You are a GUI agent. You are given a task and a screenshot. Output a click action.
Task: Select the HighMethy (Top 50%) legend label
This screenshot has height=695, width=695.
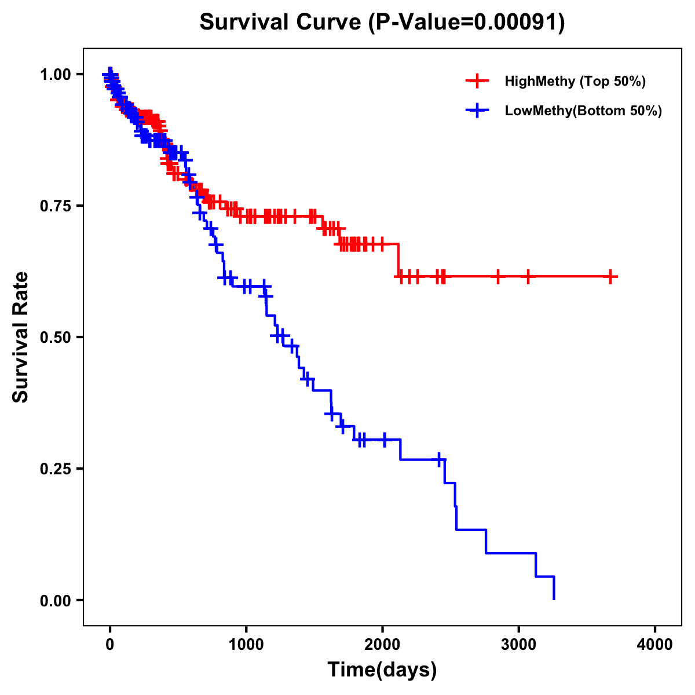575,81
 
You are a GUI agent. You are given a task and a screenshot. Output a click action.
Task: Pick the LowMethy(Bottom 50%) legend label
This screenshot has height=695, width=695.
583,111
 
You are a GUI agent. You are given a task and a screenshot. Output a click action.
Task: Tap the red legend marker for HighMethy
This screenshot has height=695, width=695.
477,81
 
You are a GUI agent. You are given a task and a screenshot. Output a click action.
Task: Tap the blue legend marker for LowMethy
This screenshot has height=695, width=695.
477,111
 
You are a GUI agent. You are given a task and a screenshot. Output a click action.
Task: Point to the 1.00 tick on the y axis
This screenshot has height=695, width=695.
55,74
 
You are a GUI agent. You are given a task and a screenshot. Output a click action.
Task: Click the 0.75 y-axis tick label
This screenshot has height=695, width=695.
55,206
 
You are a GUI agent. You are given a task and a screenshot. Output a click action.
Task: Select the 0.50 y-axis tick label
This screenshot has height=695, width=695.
55,337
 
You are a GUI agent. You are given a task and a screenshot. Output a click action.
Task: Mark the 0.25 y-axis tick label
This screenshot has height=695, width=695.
55,469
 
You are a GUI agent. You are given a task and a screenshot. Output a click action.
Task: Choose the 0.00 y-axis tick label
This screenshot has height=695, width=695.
55,600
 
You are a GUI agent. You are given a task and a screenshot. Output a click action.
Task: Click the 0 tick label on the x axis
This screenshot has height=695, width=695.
110,645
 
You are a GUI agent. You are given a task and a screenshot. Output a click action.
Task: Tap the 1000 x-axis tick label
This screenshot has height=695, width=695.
246,645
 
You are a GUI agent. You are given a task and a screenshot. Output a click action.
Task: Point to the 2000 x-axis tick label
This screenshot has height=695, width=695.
382,645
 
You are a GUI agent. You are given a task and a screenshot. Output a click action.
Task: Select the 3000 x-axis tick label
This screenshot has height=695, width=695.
518,645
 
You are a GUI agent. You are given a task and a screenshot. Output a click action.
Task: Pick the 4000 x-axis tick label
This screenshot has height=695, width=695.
654,645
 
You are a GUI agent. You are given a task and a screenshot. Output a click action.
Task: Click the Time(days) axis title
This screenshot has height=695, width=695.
382,670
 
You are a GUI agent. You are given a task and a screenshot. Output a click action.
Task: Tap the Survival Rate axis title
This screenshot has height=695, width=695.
21,336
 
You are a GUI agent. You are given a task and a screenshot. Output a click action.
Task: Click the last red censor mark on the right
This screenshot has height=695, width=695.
610,277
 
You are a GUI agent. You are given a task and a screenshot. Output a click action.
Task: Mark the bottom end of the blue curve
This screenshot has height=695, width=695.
554,598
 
